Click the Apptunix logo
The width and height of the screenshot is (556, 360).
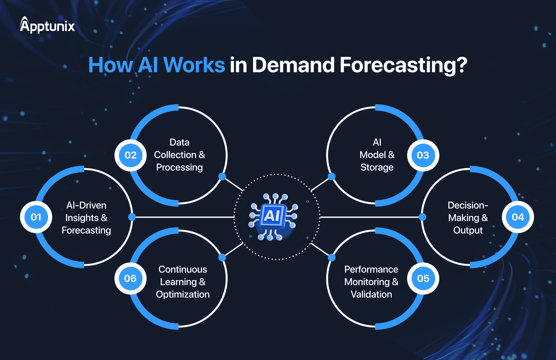(x=47, y=25)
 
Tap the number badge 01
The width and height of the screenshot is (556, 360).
(x=36, y=217)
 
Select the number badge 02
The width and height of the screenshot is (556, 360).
(x=131, y=155)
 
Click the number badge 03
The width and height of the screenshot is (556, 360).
(x=423, y=155)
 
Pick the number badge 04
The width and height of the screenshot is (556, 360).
(x=518, y=217)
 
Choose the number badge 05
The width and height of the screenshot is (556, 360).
(x=423, y=278)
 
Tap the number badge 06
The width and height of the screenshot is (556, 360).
(x=131, y=278)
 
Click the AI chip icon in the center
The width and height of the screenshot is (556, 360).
(x=273, y=217)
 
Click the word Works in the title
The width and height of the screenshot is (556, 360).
(x=194, y=65)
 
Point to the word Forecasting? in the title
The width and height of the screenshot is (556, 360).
(x=403, y=65)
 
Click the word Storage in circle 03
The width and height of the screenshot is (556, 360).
(x=377, y=168)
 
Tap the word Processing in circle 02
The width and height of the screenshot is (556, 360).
(x=179, y=168)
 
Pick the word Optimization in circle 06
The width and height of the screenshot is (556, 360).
(x=183, y=294)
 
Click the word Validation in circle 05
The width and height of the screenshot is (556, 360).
(x=371, y=294)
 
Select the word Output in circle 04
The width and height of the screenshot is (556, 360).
(x=468, y=230)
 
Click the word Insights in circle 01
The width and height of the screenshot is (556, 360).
(x=82, y=218)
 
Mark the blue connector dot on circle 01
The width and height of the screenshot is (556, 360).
(x=132, y=217)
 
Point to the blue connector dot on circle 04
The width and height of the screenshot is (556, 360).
(x=422, y=217)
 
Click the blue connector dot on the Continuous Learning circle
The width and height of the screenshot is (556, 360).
(x=222, y=257)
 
